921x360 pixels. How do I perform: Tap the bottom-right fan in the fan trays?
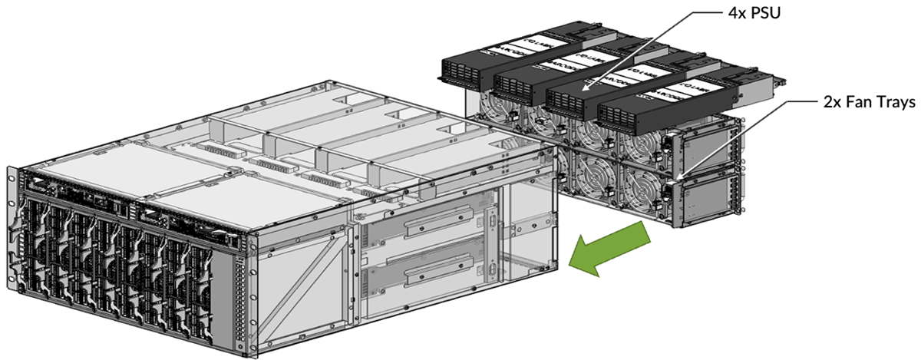(x=641, y=192)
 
